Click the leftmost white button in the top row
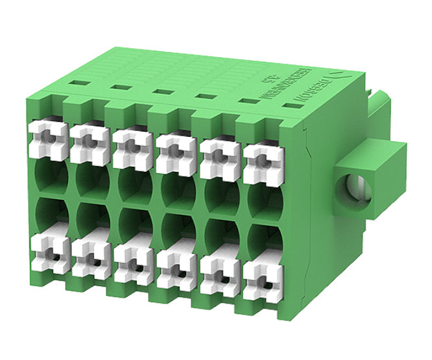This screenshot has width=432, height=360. coord(48,138)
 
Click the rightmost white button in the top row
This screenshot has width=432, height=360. coord(263,160)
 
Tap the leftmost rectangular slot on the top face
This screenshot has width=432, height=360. coord(77,83)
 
